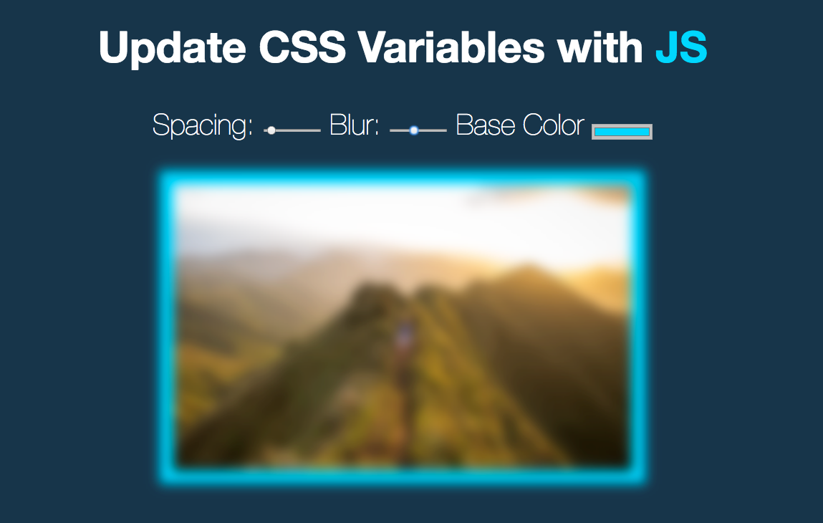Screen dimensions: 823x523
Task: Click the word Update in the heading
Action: click(x=172, y=48)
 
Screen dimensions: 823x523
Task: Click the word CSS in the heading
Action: click(x=302, y=47)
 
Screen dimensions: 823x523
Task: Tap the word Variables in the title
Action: click(x=451, y=47)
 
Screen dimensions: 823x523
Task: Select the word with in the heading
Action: click(x=600, y=47)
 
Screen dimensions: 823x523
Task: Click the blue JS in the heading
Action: click(x=681, y=47)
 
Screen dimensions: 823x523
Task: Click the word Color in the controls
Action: click(x=553, y=125)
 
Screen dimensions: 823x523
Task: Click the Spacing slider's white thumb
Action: click(x=271, y=130)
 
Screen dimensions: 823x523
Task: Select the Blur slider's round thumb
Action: click(x=414, y=130)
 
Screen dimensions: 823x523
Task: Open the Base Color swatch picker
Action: click(x=622, y=132)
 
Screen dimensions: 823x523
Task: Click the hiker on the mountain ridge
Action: click(x=404, y=336)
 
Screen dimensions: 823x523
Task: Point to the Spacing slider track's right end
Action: click(x=319, y=130)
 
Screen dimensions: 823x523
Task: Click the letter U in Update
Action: click(x=115, y=48)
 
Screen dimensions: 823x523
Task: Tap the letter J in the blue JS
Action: click(x=666, y=48)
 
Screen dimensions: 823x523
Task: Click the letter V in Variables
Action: click(x=375, y=47)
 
